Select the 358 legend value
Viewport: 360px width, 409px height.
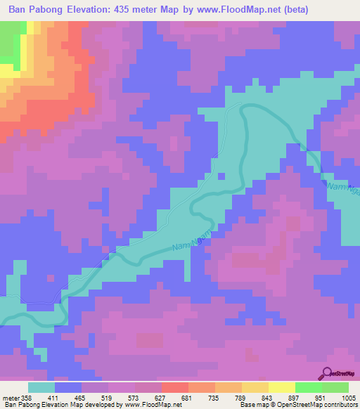27,398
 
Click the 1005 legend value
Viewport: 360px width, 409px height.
347,398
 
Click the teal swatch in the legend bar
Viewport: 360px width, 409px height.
41,387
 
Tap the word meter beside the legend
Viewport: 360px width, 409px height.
11,398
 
